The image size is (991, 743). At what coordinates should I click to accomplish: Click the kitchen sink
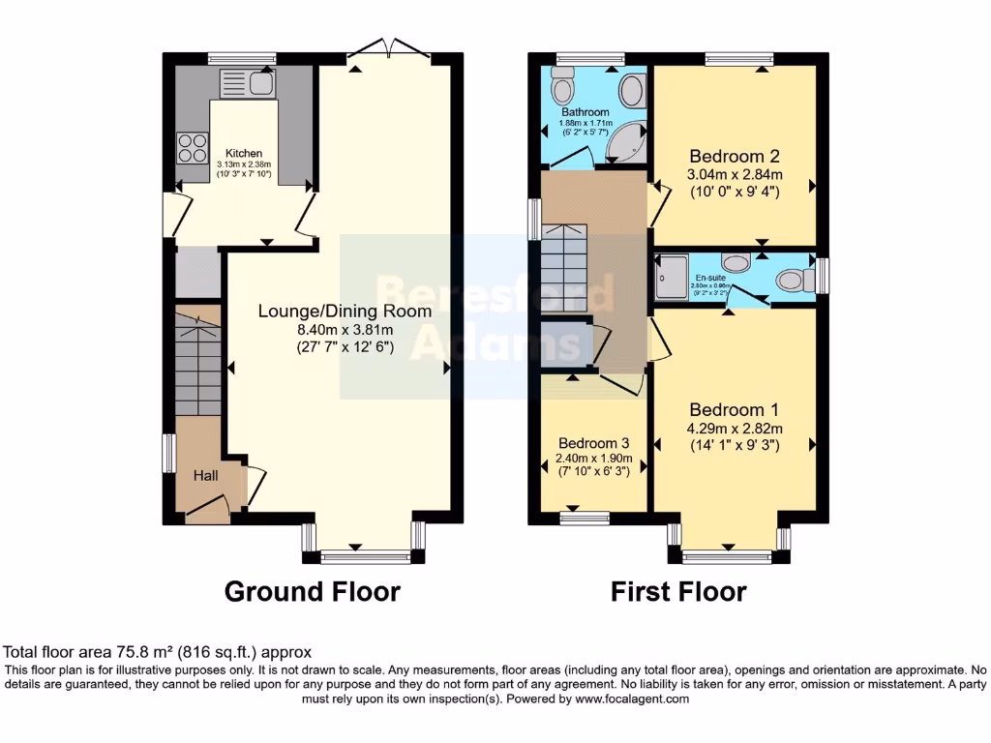[248, 83]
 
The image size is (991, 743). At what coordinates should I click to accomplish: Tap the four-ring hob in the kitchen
[192, 147]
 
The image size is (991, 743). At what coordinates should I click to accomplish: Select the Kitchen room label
[244, 153]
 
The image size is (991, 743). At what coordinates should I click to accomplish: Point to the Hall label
[205, 475]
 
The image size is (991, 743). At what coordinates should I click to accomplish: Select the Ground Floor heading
[312, 591]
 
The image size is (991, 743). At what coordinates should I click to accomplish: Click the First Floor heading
[678, 591]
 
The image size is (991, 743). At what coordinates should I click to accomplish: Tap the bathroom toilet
[560, 90]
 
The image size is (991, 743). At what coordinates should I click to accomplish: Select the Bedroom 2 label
[734, 156]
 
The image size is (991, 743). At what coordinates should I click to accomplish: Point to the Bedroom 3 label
[594, 443]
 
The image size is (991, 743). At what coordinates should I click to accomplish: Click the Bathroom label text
[586, 112]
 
